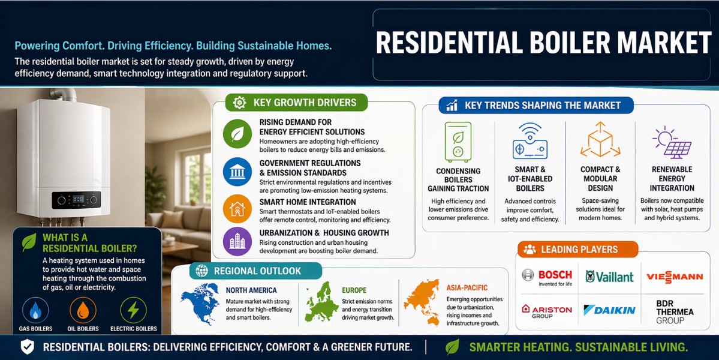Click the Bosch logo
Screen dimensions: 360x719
(546, 277)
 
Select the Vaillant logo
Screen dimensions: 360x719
(609, 277)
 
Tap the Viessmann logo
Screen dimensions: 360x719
(674, 277)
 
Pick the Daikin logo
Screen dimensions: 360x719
(609, 310)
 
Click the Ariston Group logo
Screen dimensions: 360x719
(546, 310)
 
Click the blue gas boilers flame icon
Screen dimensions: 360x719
(35, 310)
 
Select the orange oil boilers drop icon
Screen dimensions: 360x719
(83, 310)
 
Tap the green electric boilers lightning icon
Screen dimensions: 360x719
(133, 310)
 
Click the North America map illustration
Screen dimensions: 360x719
(201, 300)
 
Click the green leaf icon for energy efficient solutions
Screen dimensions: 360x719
(237, 133)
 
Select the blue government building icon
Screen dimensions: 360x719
(237, 172)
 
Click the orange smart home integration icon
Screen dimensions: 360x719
(237, 207)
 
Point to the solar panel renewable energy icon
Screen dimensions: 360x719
(672, 142)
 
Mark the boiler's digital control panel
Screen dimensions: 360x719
(76, 200)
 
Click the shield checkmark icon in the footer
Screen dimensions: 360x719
(27, 347)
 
